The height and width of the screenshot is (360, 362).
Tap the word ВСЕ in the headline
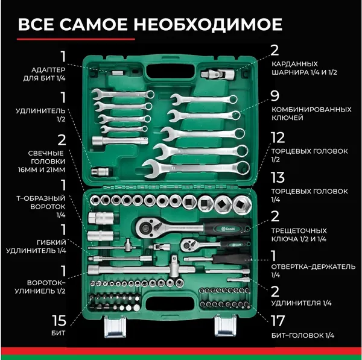(x=37, y=25)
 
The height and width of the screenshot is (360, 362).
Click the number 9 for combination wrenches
(x=275, y=96)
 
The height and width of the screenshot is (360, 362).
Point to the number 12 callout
(x=278, y=138)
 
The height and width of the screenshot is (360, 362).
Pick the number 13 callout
(x=278, y=177)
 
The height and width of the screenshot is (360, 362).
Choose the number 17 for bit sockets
(x=279, y=321)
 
